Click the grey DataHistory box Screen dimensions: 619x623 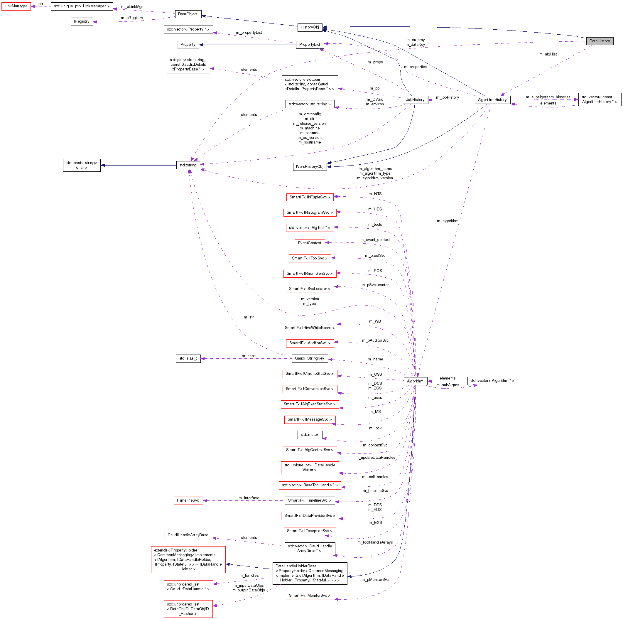point(600,41)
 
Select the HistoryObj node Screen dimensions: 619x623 point(310,27)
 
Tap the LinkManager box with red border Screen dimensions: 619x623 point(16,6)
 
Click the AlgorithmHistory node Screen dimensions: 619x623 point(492,100)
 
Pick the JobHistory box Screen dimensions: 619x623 point(415,100)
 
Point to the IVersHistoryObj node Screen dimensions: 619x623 point(310,166)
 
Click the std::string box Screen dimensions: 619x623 point(188,165)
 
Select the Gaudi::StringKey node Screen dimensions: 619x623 point(310,358)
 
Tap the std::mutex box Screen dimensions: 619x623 point(310,434)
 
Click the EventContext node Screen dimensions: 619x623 point(310,243)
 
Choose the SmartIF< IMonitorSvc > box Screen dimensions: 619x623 point(310,596)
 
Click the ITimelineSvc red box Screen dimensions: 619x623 point(188,500)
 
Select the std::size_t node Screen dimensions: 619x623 point(188,358)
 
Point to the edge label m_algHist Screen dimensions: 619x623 point(548,54)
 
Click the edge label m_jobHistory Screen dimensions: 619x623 point(447,97)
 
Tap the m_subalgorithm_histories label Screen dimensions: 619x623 point(548,97)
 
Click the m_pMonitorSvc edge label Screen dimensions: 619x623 point(375,580)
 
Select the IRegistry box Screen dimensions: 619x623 point(82,22)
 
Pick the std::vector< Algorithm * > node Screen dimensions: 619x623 point(492,381)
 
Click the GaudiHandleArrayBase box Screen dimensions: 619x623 point(188,535)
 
